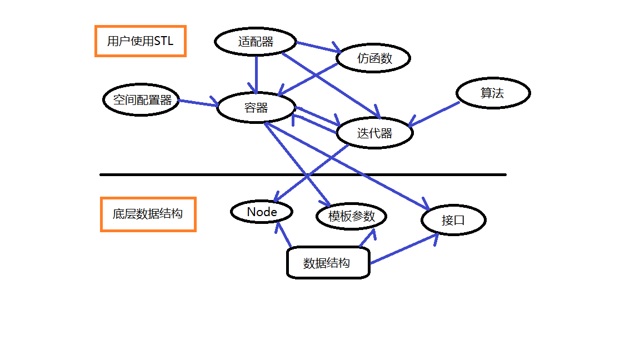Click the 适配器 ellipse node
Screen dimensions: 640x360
[x=256, y=41]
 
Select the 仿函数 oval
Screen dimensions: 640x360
[x=373, y=58]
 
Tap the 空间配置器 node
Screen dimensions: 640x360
[x=141, y=99]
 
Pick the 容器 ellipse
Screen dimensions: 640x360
[x=256, y=107]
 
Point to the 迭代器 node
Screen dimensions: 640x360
[x=374, y=133]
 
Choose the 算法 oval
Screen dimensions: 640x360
[x=493, y=93]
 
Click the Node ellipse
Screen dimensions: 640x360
[x=262, y=212]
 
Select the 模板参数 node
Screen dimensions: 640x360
[x=352, y=216]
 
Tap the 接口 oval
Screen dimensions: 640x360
[x=453, y=220]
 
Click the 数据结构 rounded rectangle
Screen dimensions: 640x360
[x=328, y=262]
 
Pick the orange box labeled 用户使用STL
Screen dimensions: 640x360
[x=141, y=41]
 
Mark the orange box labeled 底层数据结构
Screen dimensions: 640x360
[x=148, y=214]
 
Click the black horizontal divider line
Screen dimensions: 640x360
[x=303, y=174]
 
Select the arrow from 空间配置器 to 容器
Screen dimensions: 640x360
[x=198, y=102]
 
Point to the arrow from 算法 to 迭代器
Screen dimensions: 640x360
[x=434, y=114]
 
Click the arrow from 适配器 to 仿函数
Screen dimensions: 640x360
[x=318, y=47]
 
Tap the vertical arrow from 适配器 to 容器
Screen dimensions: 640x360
[x=256, y=74]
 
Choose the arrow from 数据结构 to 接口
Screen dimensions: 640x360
[x=404, y=248]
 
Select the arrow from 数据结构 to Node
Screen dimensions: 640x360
[x=283, y=234]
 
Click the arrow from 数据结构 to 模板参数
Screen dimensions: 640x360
[x=367, y=238]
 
